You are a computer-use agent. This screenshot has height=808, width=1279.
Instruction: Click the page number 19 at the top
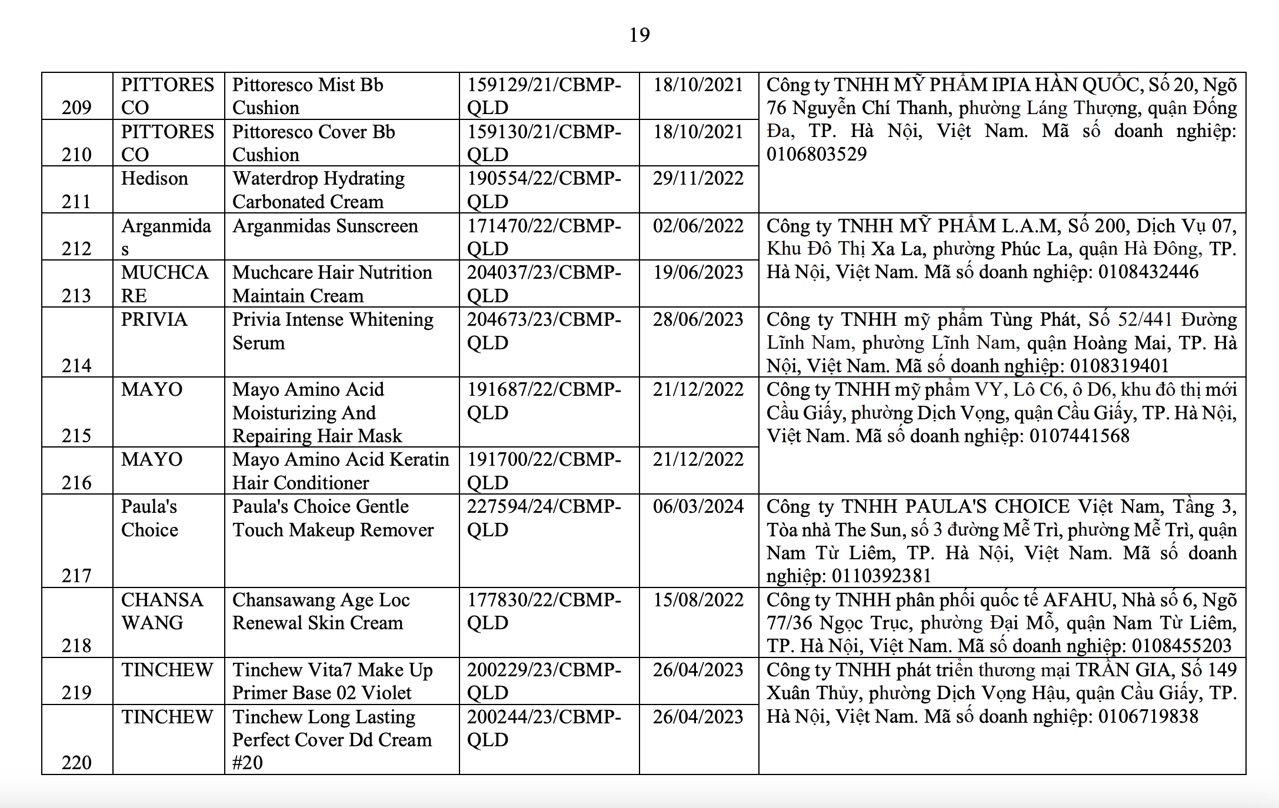pyautogui.click(x=639, y=35)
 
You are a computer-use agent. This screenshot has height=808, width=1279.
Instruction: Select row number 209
pyautogui.click(x=76, y=107)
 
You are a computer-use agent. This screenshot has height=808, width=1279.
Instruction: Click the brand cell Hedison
pyautogui.click(x=154, y=178)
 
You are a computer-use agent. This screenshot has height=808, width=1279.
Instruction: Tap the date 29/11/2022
pyautogui.click(x=698, y=178)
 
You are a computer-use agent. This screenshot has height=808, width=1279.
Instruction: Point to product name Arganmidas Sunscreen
pyautogui.click(x=325, y=226)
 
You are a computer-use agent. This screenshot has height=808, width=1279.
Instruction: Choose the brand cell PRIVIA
pyautogui.click(x=154, y=319)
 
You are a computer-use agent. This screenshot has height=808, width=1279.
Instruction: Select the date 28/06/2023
pyautogui.click(x=698, y=319)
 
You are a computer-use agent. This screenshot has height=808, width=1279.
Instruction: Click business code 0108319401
pyautogui.click(x=1119, y=366)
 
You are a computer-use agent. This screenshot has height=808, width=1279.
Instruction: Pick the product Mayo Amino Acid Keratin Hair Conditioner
pyautogui.click(x=340, y=470)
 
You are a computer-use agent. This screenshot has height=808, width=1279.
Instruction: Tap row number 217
pyautogui.click(x=76, y=575)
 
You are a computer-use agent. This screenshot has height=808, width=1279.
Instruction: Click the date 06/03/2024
pyautogui.click(x=698, y=506)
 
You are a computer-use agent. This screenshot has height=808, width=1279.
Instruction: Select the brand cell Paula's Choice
pyautogui.click(x=149, y=517)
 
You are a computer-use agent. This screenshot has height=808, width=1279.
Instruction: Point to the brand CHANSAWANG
pyautogui.click(x=161, y=611)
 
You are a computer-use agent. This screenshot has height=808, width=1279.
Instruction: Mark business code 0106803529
pyautogui.click(x=816, y=154)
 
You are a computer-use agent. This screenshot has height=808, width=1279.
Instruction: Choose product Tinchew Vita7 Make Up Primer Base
pyautogui.click(x=332, y=681)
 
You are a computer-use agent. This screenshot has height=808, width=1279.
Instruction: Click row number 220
pyautogui.click(x=76, y=762)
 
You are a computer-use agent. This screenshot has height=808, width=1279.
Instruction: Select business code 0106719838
pyautogui.click(x=1148, y=716)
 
